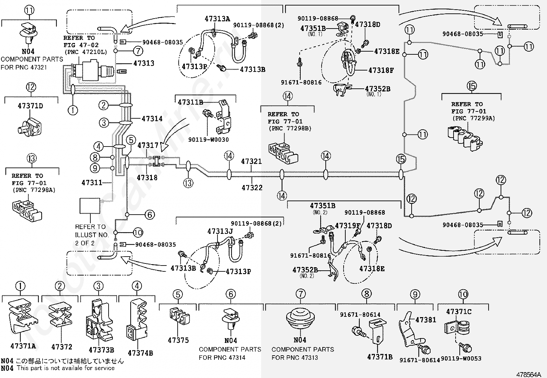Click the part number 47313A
(217, 19)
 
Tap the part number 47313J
(220, 231)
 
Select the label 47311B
(190, 102)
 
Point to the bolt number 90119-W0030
(208, 140)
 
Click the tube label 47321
(251, 161)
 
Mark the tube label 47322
(252, 187)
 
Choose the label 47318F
(381, 71)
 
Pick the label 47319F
(348, 226)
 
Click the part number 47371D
(30, 106)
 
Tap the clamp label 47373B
(101, 350)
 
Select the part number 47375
(178, 340)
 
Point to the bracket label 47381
(426, 320)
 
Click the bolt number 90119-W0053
(461, 359)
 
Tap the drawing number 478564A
(531, 375)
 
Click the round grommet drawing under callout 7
(300, 317)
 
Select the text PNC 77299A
(474, 118)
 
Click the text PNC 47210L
(86, 52)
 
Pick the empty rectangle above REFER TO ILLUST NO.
(90, 206)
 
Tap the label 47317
(148, 145)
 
